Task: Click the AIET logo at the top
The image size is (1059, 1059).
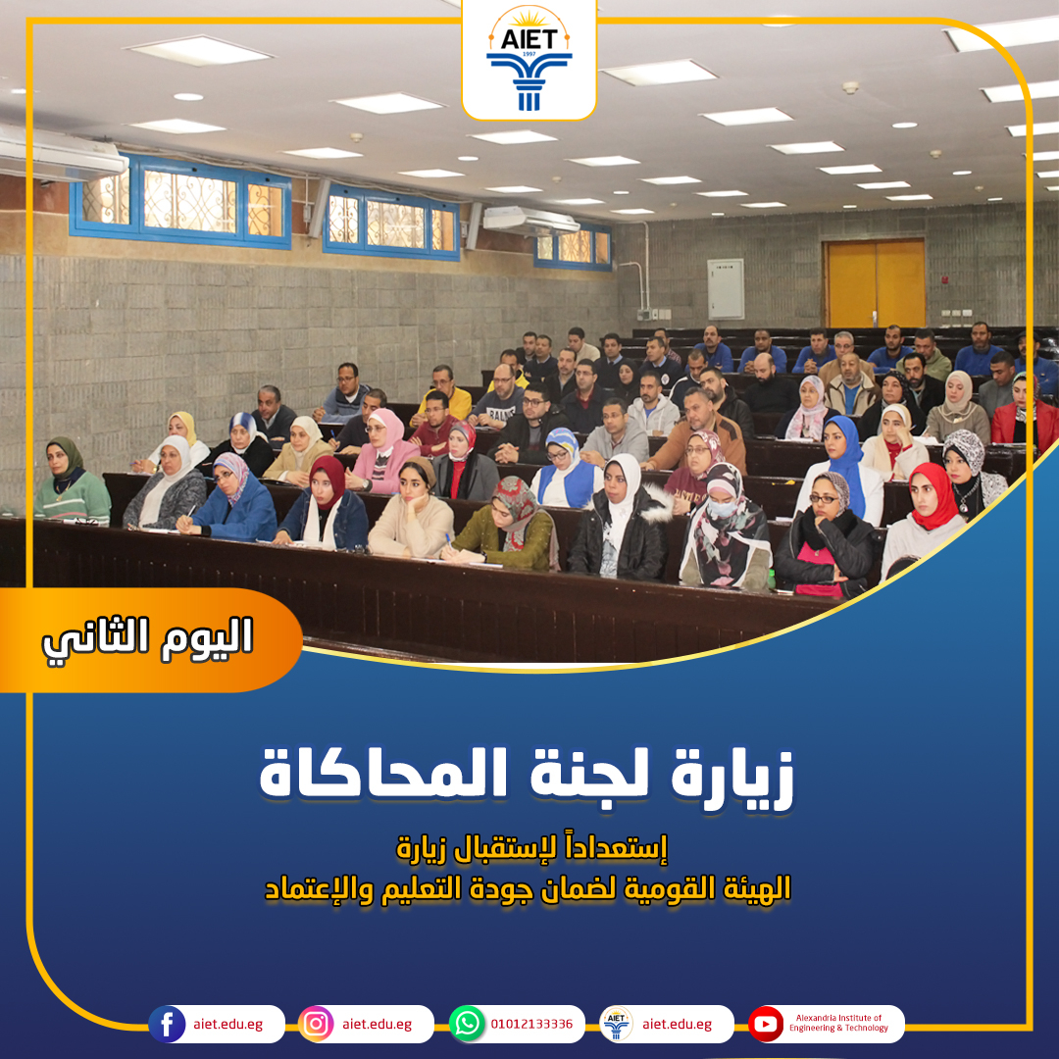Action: pyautogui.click(x=529, y=60)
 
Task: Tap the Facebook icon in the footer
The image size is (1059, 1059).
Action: pyautogui.click(x=167, y=1024)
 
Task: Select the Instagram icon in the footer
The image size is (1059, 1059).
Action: pyautogui.click(x=316, y=1024)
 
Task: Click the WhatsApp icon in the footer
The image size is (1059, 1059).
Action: pyautogui.click(x=468, y=1024)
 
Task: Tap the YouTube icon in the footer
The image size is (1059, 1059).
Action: pyautogui.click(x=766, y=1024)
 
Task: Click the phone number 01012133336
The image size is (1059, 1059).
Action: pyautogui.click(x=531, y=1024)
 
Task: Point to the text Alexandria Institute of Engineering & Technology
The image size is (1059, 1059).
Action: pyautogui.click(x=838, y=1023)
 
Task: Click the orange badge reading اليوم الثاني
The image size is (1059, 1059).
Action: pyautogui.click(x=149, y=639)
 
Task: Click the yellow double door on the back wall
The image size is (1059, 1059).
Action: pyautogui.click(x=875, y=283)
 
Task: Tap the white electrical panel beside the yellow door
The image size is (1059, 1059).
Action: pyautogui.click(x=726, y=288)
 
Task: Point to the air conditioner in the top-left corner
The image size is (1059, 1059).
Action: pyautogui.click(x=61, y=154)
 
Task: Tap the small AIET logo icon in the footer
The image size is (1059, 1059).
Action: pyautogui.click(x=617, y=1024)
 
